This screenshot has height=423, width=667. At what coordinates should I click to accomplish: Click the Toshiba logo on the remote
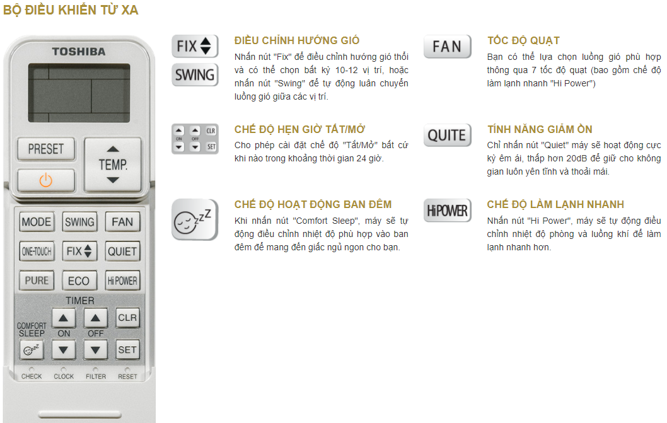[x=79, y=52]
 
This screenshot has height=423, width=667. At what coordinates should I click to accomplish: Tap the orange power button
[x=46, y=180]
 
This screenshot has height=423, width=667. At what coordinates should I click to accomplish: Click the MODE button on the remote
[x=37, y=222]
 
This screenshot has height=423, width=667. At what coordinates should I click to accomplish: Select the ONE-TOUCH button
[x=37, y=252]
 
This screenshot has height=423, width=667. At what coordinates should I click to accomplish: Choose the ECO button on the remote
[x=79, y=281]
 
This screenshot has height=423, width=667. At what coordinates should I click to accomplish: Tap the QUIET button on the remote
[x=122, y=252]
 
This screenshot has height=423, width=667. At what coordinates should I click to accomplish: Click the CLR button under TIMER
[x=127, y=318]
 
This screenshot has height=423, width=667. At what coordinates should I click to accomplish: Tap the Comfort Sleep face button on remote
[x=31, y=350]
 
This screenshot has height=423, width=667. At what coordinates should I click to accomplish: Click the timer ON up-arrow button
[x=64, y=318]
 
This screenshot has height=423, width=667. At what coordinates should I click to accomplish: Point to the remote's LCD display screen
[x=79, y=93]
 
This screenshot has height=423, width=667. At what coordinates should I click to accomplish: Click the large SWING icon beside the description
[x=195, y=75]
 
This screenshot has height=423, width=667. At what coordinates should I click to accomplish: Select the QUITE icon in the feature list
[x=447, y=136]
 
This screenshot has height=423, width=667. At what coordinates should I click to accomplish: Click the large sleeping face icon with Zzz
[x=195, y=219]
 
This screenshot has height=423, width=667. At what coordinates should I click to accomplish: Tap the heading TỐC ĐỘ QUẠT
[x=523, y=40]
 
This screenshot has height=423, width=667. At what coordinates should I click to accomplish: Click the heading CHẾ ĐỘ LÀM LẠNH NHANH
[x=555, y=204]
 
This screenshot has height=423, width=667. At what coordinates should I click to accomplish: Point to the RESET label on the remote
[x=127, y=376]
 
